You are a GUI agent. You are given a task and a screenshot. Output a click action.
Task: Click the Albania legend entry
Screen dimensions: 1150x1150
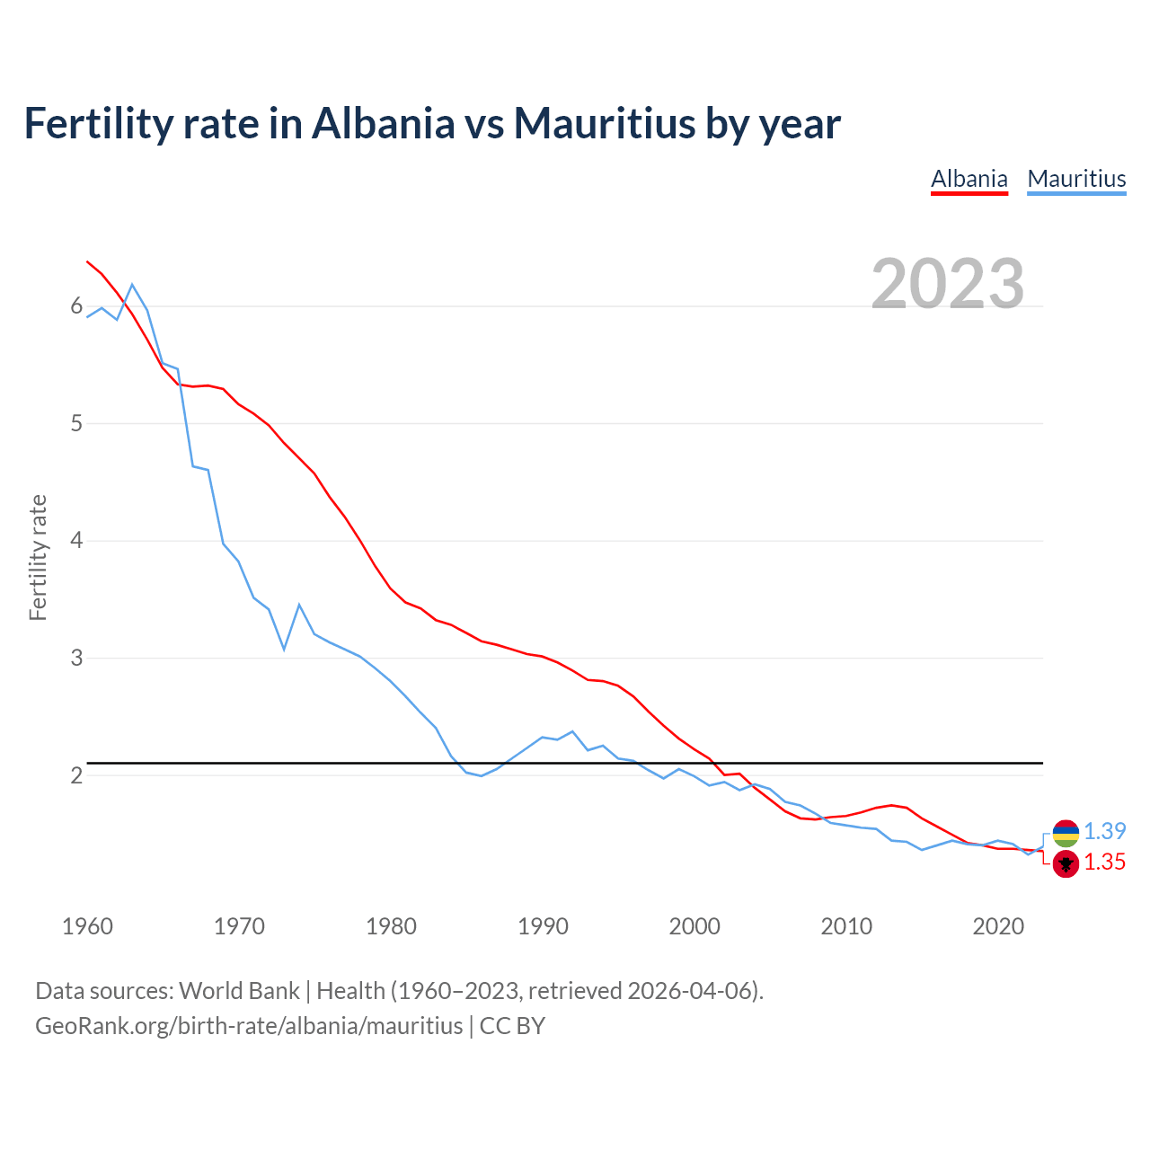[x=969, y=179]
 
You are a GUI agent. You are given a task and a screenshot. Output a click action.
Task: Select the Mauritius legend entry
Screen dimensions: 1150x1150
[x=1076, y=179]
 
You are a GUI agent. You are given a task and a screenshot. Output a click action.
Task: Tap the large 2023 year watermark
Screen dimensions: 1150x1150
[x=947, y=284]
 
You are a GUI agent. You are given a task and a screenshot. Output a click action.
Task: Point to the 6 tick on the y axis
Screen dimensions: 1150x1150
[x=76, y=306]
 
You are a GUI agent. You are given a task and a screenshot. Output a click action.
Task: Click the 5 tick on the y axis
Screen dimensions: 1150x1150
[x=76, y=423]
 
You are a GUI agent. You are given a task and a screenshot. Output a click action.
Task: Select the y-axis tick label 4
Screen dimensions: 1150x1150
[x=76, y=541]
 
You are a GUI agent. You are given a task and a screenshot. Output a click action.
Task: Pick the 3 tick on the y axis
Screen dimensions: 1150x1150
[x=76, y=658]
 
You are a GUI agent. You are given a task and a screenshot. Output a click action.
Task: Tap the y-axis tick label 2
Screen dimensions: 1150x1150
[x=76, y=775]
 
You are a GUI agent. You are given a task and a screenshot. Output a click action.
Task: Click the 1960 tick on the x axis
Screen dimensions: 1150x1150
[x=87, y=926]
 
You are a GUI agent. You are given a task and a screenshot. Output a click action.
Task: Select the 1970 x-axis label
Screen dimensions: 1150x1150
[x=239, y=926]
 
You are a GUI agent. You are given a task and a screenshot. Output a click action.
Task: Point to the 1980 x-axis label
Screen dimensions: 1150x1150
[x=391, y=926]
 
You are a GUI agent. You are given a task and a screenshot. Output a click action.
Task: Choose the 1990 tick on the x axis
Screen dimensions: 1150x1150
[x=543, y=926]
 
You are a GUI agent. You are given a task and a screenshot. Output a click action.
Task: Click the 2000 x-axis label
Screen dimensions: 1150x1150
[x=694, y=926]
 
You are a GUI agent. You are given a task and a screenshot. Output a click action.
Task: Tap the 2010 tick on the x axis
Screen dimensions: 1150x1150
[x=846, y=926]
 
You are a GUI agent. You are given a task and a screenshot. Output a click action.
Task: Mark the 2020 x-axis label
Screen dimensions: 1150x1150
[x=998, y=926]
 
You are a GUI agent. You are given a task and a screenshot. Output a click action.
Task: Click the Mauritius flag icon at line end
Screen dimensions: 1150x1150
[x=1066, y=833]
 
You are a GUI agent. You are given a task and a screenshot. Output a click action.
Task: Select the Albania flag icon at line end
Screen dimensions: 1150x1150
[x=1066, y=864]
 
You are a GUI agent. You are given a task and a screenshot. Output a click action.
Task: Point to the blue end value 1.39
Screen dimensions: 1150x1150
[x=1104, y=832]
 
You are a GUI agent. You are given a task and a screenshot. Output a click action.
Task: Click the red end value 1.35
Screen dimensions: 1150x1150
[x=1104, y=862]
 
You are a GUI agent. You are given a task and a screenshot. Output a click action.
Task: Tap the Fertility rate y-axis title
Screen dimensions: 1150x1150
[x=38, y=557]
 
